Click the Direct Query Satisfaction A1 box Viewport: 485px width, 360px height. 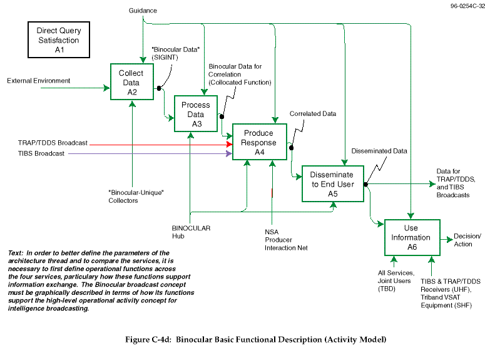(x=59, y=39)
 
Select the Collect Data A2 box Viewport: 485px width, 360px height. (x=132, y=82)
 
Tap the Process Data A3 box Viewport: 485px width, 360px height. (x=196, y=113)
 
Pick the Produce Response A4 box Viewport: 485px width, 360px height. (x=260, y=141)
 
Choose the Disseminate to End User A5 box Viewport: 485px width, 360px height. (x=333, y=184)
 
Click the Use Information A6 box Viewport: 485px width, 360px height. (x=412, y=237)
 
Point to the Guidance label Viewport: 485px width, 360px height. (x=143, y=11)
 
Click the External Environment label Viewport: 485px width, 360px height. (x=39, y=81)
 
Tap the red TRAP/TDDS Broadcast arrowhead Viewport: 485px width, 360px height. (x=230, y=145)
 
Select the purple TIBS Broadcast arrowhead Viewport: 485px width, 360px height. (x=229, y=153)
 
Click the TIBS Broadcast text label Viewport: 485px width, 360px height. (x=41, y=153)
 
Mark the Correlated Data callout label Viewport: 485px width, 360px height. (x=313, y=113)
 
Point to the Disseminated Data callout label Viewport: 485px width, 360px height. (x=379, y=151)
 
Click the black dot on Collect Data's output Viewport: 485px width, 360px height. (x=159, y=88)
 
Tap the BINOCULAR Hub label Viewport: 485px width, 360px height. (x=191, y=232)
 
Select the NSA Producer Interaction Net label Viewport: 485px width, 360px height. (x=286, y=240)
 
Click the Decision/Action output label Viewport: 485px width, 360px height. (x=467, y=240)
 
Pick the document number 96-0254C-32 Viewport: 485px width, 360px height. (x=467, y=6)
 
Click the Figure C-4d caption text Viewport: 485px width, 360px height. (x=256, y=339)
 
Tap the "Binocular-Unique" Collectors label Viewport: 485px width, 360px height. (x=136, y=197)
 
